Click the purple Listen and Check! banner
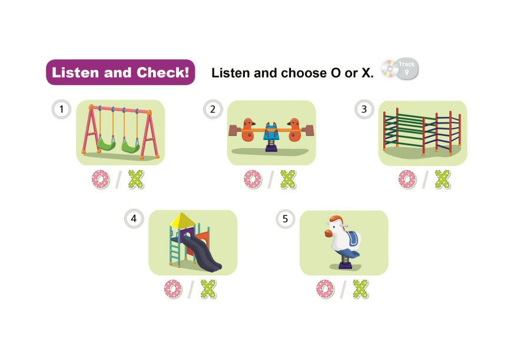point(120,72)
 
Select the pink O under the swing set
point(101,179)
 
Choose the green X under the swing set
point(136,179)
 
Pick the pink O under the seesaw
point(253,179)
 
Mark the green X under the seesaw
point(288,179)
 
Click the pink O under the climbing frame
point(407,179)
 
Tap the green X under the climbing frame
point(443,179)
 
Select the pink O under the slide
point(173,289)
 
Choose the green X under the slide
point(208,289)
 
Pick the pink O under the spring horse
point(325,289)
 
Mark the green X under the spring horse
point(360,289)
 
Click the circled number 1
point(61,109)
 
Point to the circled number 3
point(364,109)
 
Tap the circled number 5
point(285,218)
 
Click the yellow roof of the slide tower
point(183,220)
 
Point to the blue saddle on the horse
point(353,238)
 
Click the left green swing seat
point(107,145)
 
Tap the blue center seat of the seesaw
point(271,134)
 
